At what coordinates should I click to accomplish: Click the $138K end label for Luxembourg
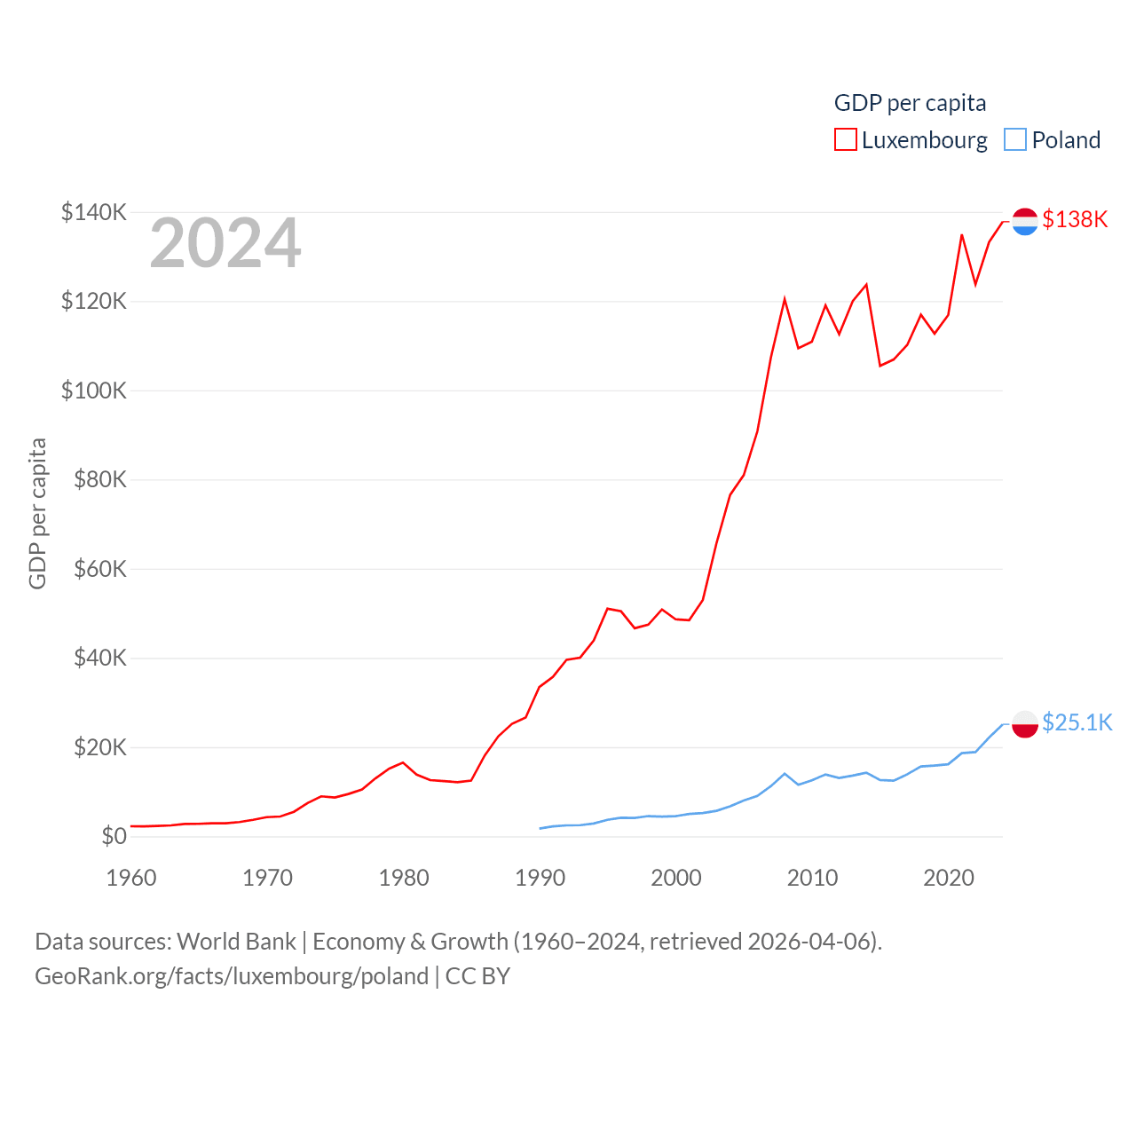click(1075, 219)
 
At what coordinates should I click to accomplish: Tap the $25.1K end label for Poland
click(1077, 722)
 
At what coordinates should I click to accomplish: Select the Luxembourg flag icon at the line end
click(1025, 221)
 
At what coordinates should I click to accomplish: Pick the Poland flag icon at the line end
click(1025, 724)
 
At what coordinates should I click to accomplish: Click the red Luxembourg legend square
click(846, 140)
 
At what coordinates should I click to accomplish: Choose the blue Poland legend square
click(1015, 140)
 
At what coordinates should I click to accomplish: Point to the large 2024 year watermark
click(225, 243)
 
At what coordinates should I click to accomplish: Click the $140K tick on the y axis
click(94, 212)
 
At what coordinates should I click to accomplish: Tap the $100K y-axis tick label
click(94, 390)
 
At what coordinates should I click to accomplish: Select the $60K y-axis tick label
click(100, 569)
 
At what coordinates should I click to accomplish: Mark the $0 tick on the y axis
click(114, 836)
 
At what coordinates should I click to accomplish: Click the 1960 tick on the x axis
click(131, 878)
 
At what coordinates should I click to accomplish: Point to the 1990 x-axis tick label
click(540, 878)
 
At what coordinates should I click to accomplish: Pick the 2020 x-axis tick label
click(949, 878)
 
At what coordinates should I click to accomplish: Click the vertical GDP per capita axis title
click(37, 513)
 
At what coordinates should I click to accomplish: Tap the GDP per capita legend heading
click(910, 103)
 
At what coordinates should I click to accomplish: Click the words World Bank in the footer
click(236, 941)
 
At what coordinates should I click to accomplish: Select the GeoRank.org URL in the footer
click(232, 976)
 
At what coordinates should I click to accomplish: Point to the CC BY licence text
click(477, 976)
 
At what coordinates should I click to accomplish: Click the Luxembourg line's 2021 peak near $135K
click(962, 235)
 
